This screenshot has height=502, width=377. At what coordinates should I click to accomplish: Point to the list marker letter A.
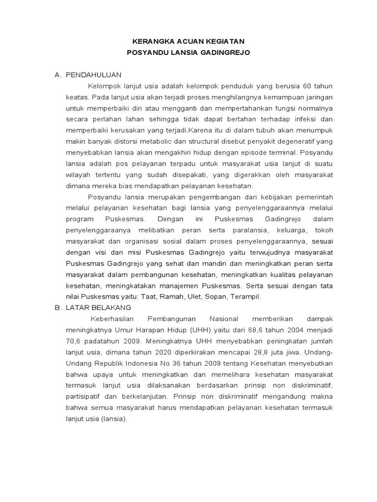coord(57,75)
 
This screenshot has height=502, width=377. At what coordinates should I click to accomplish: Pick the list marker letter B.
coord(57,307)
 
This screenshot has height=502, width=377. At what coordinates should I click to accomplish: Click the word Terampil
coord(243,297)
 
